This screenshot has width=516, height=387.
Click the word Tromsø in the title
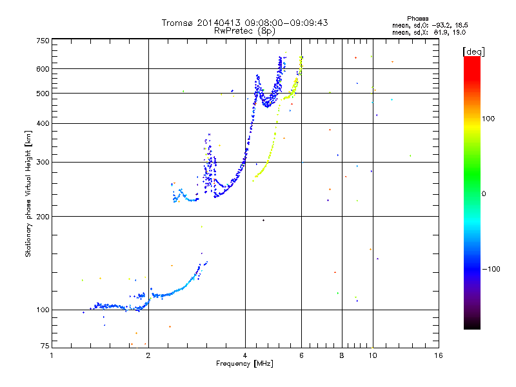pos(177,23)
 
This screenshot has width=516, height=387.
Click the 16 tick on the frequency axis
pos(438,355)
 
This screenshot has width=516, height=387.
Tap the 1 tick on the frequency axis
pos(52,355)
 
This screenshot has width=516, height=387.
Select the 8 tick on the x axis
pos(342,355)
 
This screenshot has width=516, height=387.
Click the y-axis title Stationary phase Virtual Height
pos(28,193)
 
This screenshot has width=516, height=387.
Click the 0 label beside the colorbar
pos(484,193)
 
